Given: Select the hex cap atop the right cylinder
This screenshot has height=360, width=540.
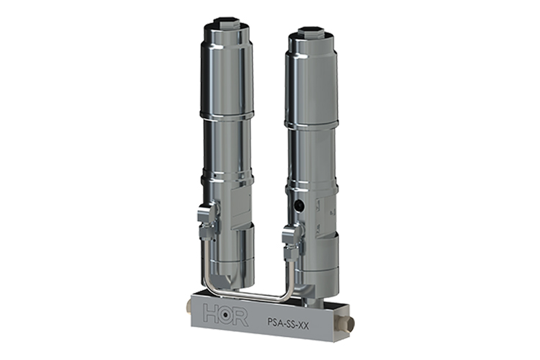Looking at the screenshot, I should [311, 30].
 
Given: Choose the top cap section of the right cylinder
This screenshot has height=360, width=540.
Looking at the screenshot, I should [311, 79].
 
